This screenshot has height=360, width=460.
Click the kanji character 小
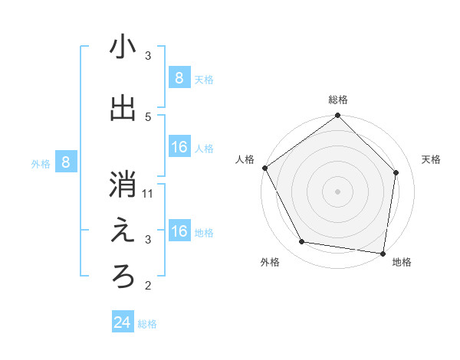click(x=123, y=47)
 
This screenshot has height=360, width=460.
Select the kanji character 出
click(x=123, y=108)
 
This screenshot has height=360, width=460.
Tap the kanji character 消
click(x=123, y=186)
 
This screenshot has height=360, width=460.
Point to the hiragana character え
click(x=123, y=232)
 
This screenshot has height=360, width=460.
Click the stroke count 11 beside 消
click(x=149, y=193)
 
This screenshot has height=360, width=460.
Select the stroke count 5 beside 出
click(x=148, y=116)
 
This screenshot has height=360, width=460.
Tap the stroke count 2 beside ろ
click(x=148, y=286)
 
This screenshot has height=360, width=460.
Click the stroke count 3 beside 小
click(x=148, y=56)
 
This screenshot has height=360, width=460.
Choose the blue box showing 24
click(x=123, y=323)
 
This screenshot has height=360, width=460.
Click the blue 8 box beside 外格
click(x=66, y=162)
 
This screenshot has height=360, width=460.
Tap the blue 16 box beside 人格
click(x=179, y=148)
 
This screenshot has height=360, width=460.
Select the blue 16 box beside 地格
click(x=179, y=232)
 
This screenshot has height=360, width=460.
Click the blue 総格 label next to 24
click(x=147, y=324)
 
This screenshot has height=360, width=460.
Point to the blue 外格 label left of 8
click(x=40, y=163)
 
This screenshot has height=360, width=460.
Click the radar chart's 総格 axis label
click(x=338, y=100)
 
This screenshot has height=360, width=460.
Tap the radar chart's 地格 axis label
click(x=402, y=263)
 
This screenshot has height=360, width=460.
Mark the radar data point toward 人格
click(x=265, y=168)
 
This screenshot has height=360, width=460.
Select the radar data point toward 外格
click(x=301, y=242)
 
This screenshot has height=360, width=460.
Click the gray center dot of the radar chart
click(x=338, y=191)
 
